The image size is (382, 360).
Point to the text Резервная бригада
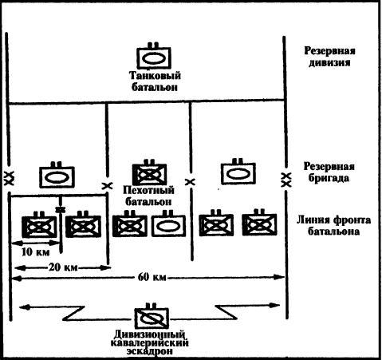(329, 173)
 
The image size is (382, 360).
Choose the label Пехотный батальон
(149, 197)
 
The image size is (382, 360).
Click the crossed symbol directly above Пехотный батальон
(149, 174)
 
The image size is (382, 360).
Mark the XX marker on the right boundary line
(286, 176)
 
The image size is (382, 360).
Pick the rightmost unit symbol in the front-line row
(257, 224)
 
